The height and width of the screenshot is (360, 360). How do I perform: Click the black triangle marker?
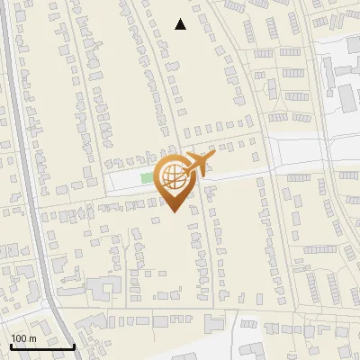[181, 25]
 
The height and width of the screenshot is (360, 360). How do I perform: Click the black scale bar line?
[42, 346]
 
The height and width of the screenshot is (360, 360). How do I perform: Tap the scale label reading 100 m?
[23, 338]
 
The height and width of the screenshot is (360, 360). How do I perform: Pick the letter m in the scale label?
[32, 338]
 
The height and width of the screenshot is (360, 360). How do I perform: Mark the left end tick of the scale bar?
[11, 345]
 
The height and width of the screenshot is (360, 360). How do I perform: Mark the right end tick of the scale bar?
[74, 345]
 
